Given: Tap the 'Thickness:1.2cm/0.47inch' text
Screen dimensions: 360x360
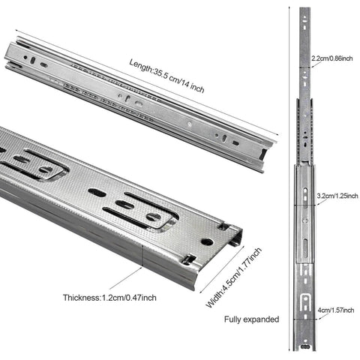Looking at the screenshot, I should pyautogui.click(x=109, y=297).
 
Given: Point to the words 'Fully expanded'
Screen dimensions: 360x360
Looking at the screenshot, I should pyautogui.click(x=252, y=319).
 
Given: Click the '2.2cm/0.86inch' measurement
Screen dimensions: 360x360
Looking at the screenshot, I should pyautogui.click(x=333, y=58).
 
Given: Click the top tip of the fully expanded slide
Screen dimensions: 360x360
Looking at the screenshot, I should pyautogui.click(x=304, y=10).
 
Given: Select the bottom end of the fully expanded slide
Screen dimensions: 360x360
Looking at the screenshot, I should pyautogui.click(x=304, y=349).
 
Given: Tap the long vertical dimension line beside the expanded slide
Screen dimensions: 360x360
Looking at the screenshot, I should pyautogui.click(x=289, y=180).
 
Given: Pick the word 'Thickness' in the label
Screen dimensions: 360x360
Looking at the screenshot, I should pyautogui.click(x=81, y=297).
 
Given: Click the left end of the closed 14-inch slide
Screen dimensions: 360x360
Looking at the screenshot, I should pyautogui.click(x=11, y=56).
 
